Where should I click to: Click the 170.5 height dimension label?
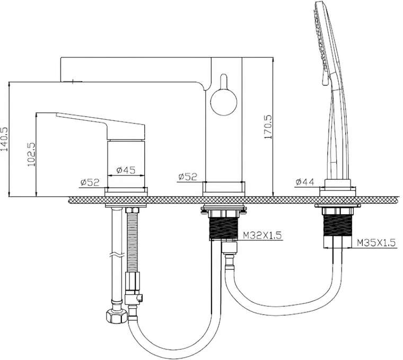click(x=268, y=127)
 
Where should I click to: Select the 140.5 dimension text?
click(x=5, y=140)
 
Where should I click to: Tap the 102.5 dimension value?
click(x=31, y=154)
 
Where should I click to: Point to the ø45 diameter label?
click(x=126, y=170)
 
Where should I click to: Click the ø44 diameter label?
click(x=305, y=182)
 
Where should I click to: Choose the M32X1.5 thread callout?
click(x=262, y=235)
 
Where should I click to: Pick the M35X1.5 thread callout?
click(x=376, y=242)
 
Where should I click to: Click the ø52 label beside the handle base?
click(x=90, y=182)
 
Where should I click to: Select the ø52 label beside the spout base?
click(x=188, y=177)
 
